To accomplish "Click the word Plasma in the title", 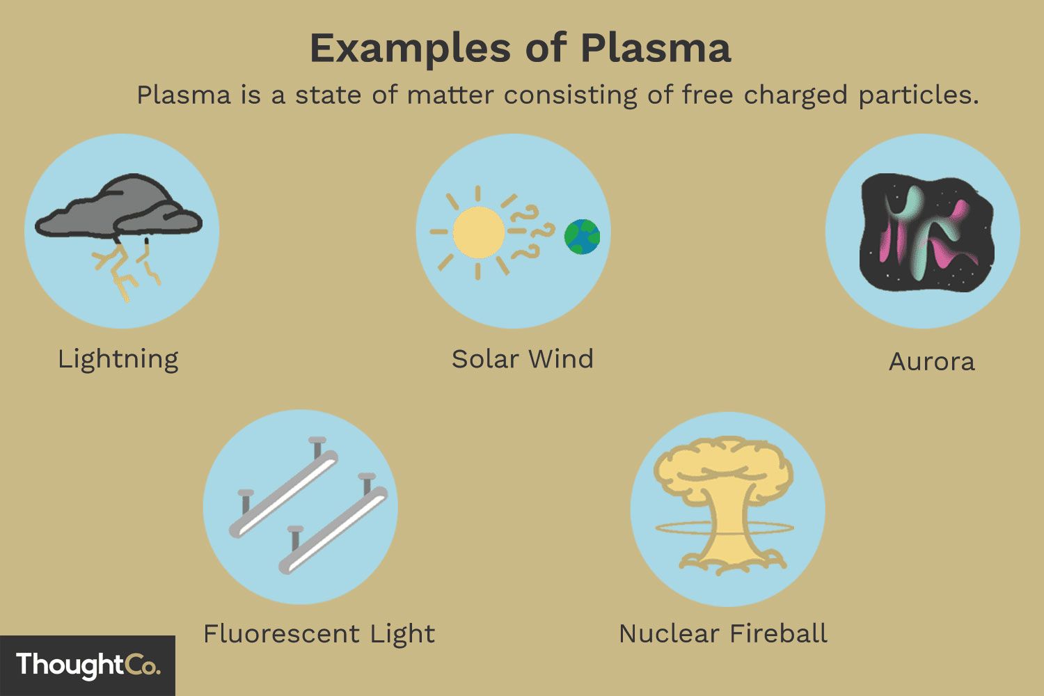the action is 656,49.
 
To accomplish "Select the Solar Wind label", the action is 523,359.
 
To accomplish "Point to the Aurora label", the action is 932,362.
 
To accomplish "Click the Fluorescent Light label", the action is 319,635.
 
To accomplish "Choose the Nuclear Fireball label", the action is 723,633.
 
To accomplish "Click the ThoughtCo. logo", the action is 88,665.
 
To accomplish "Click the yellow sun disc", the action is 479,232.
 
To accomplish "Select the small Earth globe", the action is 582,237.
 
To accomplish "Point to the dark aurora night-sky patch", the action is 926,232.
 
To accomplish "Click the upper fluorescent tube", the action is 283,493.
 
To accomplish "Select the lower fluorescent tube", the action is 333,530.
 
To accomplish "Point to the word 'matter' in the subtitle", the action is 450,95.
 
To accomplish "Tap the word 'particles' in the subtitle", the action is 919,95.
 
